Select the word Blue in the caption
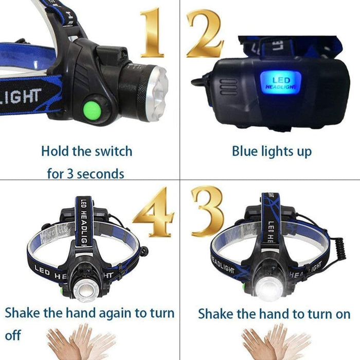(x=245, y=152)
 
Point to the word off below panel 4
(x=13, y=335)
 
